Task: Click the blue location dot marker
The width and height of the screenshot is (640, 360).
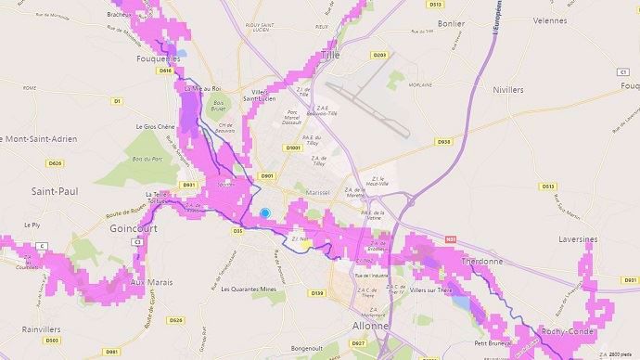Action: click(264, 212)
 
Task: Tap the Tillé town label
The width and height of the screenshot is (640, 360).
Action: click(329, 56)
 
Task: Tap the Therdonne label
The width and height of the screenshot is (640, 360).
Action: click(481, 262)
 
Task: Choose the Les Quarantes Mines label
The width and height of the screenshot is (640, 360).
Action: click(251, 289)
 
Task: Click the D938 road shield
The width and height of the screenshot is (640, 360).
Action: click(443, 142)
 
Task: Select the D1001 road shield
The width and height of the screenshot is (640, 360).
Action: click(294, 148)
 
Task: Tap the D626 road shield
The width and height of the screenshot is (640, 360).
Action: click(56, 162)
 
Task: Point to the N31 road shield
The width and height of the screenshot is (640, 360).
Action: click(451, 240)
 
